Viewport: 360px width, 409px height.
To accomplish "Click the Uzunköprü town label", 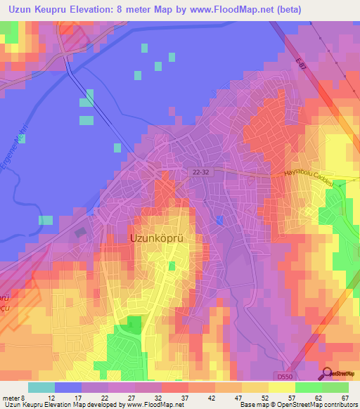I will (x=166, y=238).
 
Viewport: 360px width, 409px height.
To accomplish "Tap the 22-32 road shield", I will (x=200, y=171).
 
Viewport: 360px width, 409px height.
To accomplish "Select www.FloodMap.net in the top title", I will (x=228, y=9).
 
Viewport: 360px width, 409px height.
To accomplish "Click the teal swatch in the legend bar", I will (x=41, y=387).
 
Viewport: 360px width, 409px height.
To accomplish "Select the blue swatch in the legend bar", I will (x=68, y=387).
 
